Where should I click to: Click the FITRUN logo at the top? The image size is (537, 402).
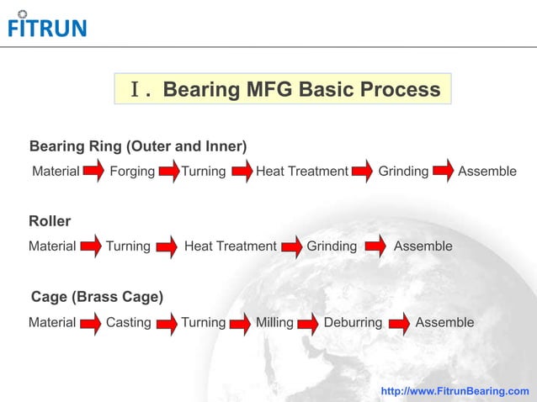point(46,25)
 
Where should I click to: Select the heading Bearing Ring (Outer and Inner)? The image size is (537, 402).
point(138,146)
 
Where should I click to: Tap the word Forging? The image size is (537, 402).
point(132,172)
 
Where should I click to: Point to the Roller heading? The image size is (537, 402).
point(50,221)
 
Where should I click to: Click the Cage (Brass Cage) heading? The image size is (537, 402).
point(97,297)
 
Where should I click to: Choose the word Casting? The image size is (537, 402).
point(129,322)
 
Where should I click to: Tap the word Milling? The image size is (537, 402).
point(274,322)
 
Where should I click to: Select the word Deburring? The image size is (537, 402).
point(353,322)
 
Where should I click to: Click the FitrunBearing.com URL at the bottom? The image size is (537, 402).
point(455,391)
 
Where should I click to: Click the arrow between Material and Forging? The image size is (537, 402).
point(93,172)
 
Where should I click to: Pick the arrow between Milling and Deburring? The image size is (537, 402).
point(308,323)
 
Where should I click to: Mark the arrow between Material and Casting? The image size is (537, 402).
point(90,323)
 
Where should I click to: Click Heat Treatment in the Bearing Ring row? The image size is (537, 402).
point(301,172)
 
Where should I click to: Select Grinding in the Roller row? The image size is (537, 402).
point(332,246)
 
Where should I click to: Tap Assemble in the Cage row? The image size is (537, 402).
point(444,322)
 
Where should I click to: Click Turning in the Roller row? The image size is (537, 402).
point(128,246)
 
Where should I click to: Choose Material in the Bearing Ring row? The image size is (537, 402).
point(56,172)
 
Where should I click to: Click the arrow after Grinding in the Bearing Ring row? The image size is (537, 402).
point(444,172)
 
